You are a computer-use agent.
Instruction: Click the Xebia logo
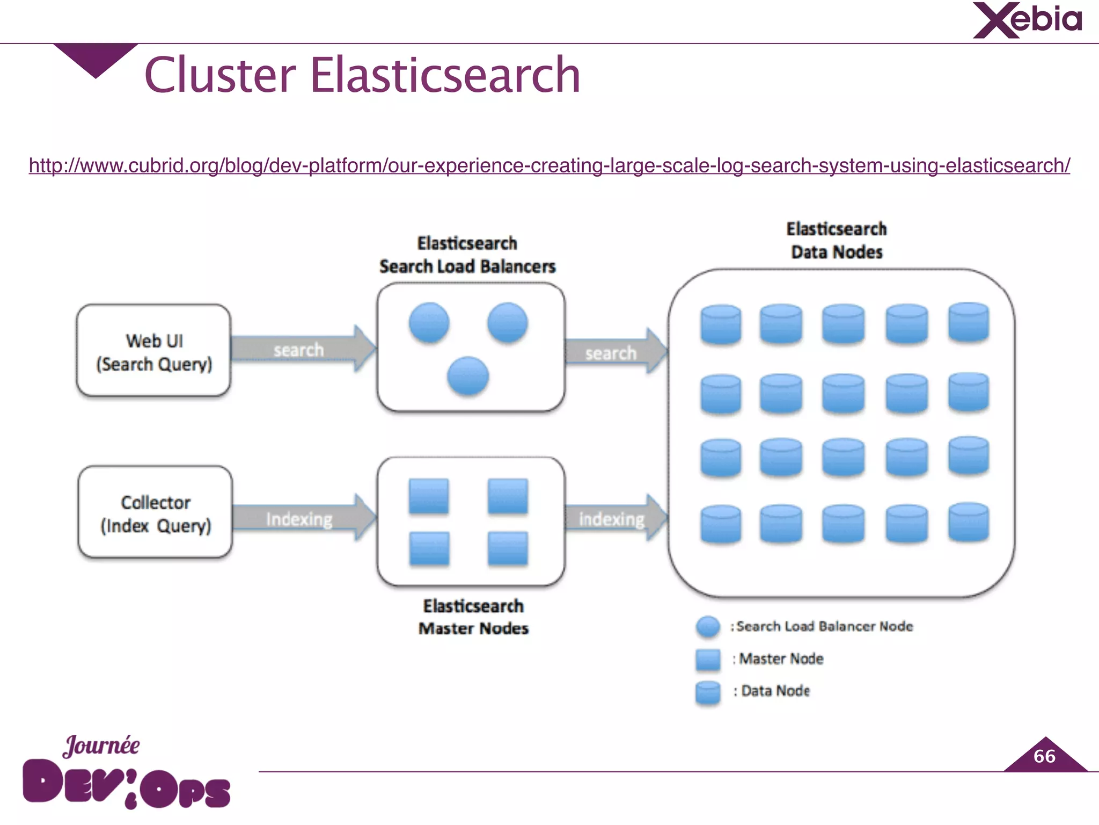click(1027, 20)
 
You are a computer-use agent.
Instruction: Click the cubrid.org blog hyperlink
click(549, 165)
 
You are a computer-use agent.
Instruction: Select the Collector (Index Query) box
click(155, 513)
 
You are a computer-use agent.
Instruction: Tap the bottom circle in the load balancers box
click(468, 376)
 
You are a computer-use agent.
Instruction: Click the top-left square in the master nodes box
click(429, 496)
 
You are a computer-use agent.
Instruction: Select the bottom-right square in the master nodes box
click(508, 548)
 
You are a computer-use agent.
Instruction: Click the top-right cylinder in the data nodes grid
click(968, 322)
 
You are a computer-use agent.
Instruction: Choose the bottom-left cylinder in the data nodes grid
click(721, 524)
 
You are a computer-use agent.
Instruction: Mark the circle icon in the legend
click(708, 627)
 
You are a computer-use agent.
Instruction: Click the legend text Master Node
click(781, 659)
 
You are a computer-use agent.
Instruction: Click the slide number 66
click(1044, 756)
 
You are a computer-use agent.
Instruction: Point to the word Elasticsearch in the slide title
click(445, 75)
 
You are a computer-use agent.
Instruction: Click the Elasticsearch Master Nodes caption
click(473, 617)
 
